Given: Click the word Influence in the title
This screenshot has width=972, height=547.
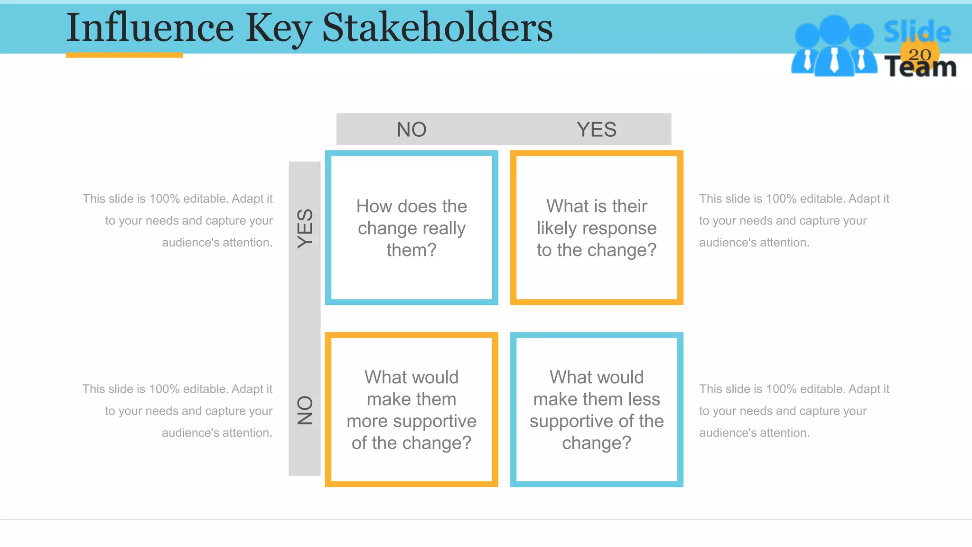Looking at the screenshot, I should (150, 28).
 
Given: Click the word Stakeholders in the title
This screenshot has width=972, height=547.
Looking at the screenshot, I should (437, 28).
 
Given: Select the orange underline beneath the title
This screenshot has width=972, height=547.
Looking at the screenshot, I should (124, 55).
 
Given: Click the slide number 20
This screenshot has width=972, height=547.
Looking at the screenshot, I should (920, 55).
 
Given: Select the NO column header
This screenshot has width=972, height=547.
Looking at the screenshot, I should (411, 130).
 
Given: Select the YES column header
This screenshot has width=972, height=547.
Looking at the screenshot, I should (597, 130).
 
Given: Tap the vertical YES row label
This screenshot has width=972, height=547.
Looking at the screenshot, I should (305, 228).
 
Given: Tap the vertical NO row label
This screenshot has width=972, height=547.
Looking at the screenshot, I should (305, 410).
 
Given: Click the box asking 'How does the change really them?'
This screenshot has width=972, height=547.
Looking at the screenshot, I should (411, 228).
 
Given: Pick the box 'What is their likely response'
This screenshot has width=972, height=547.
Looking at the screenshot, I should (597, 228).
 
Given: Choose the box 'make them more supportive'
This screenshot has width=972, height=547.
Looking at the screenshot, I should (411, 410).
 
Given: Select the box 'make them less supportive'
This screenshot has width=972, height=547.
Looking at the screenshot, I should (597, 410).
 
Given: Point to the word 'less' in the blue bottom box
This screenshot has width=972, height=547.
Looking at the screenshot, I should (643, 399).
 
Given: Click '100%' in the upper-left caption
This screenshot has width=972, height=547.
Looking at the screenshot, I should (164, 198).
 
